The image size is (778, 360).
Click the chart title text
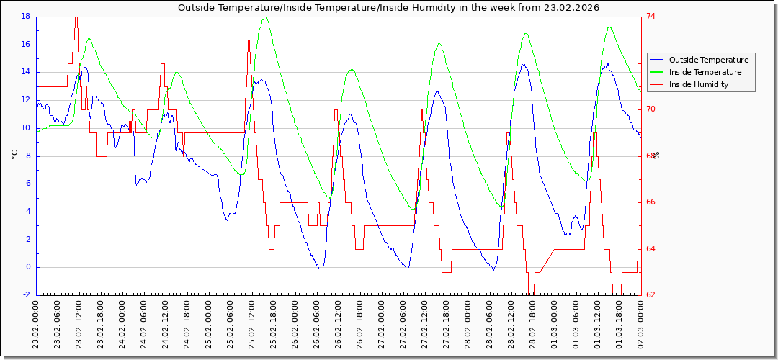389,7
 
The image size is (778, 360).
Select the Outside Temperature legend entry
708,60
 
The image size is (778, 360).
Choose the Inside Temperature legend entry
705,72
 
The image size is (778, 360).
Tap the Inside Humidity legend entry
698,84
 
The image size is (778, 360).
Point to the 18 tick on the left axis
25,16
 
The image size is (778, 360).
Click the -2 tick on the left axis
27,295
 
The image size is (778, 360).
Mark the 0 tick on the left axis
27,267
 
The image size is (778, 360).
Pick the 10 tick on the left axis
25,127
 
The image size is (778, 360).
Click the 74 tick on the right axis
651,16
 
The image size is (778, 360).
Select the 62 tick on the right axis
651,295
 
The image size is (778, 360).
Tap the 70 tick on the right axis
651,109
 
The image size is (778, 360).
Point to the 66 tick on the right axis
651,202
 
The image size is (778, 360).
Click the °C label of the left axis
14,155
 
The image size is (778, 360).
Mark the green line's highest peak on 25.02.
264,17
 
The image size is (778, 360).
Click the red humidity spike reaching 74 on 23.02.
76,18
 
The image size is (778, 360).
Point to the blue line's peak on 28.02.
524,65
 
